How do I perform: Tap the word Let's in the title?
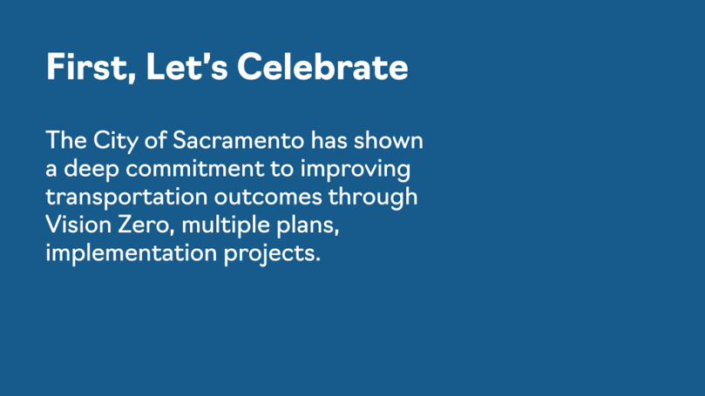[x=186, y=66]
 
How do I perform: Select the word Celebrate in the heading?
[x=322, y=66]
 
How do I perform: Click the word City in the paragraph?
[x=116, y=141]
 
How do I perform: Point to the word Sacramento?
[x=238, y=140]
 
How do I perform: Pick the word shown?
[x=388, y=140]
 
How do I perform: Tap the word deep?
[x=92, y=170]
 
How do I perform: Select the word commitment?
[x=195, y=169]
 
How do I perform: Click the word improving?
[x=356, y=170]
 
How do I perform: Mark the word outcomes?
[x=268, y=197]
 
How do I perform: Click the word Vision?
[x=78, y=224]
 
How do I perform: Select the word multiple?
[x=225, y=225]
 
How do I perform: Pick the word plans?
[x=308, y=225]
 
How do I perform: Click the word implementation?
[x=132, y=253]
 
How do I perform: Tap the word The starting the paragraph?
[x=66, y=140]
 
